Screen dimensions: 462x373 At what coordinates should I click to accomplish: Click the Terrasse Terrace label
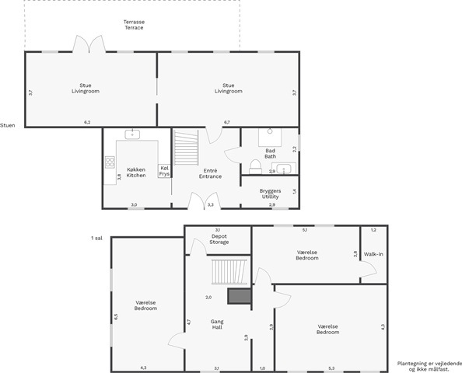point(134,25)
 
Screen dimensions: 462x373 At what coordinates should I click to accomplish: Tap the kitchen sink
point(132,134)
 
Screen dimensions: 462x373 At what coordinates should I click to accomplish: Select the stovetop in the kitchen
point(110,162)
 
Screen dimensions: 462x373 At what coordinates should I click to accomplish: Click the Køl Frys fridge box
point(164,171)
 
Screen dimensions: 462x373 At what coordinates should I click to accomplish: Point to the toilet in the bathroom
point(255,167)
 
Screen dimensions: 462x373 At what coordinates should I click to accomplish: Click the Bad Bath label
point(270,154)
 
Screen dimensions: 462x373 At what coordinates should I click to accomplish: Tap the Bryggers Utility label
point(270,193)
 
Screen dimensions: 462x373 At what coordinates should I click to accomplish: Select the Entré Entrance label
point(210,173)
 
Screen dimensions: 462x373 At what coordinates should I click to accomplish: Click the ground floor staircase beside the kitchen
point(186,148)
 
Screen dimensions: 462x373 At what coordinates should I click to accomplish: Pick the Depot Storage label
point(219,239)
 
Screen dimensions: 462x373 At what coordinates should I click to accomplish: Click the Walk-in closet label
point(373,254)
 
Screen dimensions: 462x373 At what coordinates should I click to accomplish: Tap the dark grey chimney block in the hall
point(240,296)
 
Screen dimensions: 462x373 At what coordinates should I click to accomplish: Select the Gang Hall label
point(217,324)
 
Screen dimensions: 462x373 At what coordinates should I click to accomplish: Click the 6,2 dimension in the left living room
point(87,123)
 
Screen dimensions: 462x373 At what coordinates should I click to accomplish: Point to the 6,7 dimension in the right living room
point(227,123)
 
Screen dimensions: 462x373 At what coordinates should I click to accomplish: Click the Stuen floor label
point(7,125)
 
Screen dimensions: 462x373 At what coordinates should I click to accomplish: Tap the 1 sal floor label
point(97,238)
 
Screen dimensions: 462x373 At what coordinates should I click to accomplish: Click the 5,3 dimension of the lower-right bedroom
point(331,368)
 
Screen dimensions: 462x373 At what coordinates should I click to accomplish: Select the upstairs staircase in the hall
point(229,271)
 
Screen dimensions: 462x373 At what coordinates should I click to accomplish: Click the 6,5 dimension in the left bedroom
point(116,317)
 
